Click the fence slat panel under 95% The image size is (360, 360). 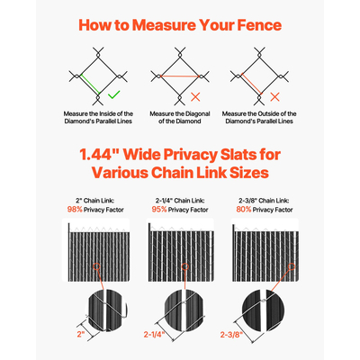(179, 256)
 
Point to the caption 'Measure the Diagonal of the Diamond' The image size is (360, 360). (179, 118)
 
